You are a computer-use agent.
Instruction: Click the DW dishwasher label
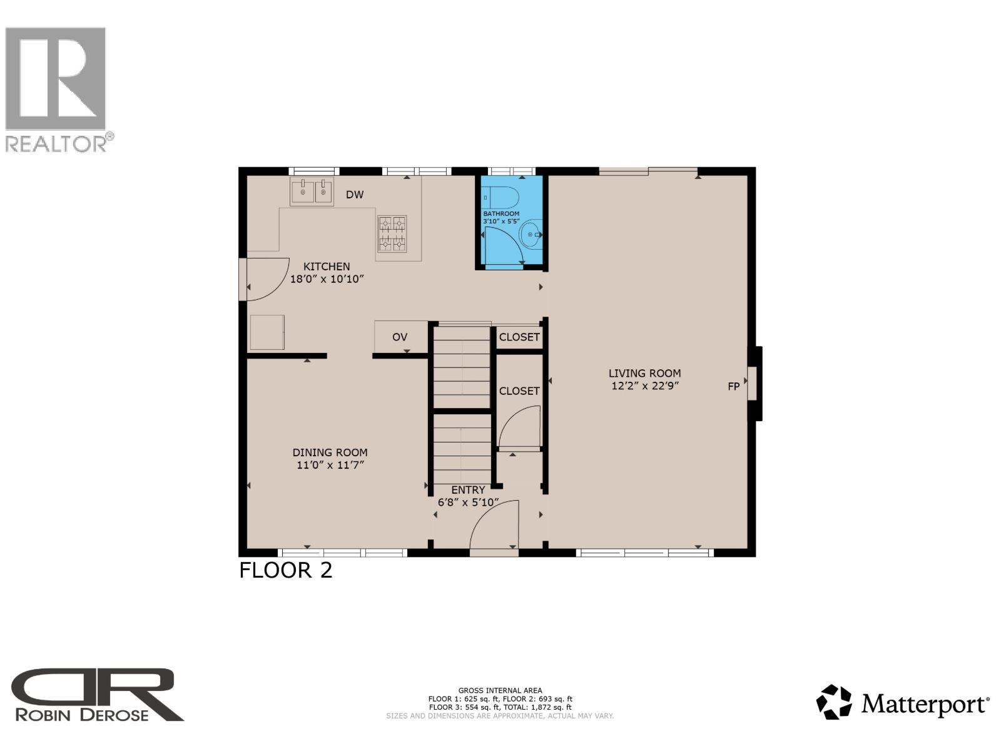[x=355, y=195]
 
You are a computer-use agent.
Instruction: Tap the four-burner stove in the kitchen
[x=392, y=233]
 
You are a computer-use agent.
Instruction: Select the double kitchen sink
[x=312, y=192]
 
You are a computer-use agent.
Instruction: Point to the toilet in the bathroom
[x=504, y=198]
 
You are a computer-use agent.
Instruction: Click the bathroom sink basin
[x=531, y=235]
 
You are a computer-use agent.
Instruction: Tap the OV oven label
[x=400, y=337]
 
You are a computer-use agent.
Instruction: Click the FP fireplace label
[x=733, y=387]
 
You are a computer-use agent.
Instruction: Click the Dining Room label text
[x=330, y=452]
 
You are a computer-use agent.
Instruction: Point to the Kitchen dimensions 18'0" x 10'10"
[x=327, y=279]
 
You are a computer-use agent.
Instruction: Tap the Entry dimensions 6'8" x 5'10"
[x=468, y=502]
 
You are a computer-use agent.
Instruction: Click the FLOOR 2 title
[x=286, y=571]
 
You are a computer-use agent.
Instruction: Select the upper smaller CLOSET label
[x=519, y=337]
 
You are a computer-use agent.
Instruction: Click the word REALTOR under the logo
[x=56, y=144]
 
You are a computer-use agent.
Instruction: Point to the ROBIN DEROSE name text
[x=81, y=715]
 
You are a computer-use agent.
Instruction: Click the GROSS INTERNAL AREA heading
[x=500, y=691]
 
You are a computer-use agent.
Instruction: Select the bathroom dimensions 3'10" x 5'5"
[x=501, y=222]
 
